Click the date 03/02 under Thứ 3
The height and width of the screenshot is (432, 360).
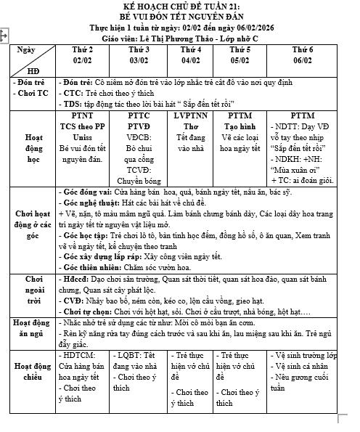pos(139,60)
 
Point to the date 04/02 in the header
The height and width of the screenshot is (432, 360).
pos(191,60)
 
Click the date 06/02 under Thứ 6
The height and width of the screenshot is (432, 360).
pos(303,60)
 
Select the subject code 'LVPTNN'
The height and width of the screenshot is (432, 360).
pos(191,115)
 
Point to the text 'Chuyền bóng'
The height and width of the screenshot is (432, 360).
pos(139,175)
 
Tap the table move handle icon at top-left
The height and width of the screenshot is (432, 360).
pos(4,34)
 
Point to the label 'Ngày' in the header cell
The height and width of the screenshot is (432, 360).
pos(25,51)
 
